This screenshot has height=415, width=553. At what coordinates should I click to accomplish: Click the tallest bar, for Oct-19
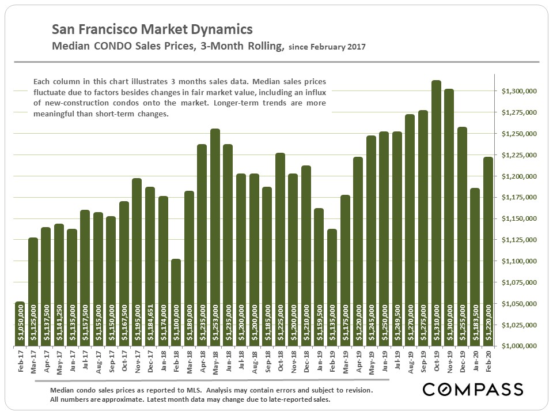[436, 213]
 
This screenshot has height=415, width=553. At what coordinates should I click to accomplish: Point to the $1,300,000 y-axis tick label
[519, 91]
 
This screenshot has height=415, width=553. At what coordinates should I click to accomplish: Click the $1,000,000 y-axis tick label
[519, 346]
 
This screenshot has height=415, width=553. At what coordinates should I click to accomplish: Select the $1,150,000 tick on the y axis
[519, 218]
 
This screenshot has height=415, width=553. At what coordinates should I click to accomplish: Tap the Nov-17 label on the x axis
[137, 363]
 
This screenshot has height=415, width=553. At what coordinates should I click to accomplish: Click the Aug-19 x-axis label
[410, 363]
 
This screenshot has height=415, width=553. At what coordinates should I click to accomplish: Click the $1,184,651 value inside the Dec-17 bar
[150, 323]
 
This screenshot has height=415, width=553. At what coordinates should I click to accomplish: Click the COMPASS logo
[472, 389]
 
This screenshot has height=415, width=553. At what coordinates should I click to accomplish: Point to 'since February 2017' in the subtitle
[327, 47]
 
